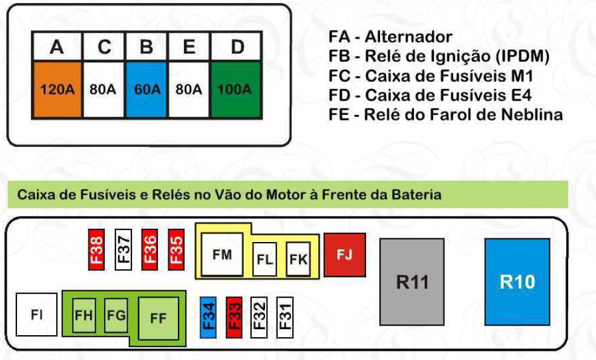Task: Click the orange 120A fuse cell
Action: pyautogui.click(x=57, y=90)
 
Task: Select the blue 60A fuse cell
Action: pyautogui.click(x=146, y=90)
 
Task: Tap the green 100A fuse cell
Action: pyautogui.click(x=236, y=90)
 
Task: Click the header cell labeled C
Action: pyautogui.click(x=104, y=47)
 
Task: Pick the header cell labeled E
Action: pyautogui.click(x=189, y=47)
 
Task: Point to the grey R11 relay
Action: pyautogui.click(x=412, y=281)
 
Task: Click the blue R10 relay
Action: pyautogui.click(x=517, y=281)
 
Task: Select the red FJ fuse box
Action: pyautogui.click(x=344, y=255)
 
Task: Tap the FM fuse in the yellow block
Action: pyautogui.click(x=222, y=255)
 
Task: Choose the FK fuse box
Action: pyautogui.click(x=298, y=259)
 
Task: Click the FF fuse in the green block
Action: pyautogui.click(x=158, y=318)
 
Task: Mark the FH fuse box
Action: pyautogui.click(x=84, y=315)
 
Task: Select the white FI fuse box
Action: pyautogui.click(x=36, y=315)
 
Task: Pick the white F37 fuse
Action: pyautogui.click(x=123, y=249)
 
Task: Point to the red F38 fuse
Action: pyautogui.click(x=96, y=249)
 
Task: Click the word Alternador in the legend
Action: pyautogui.click(x=408, y=37)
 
